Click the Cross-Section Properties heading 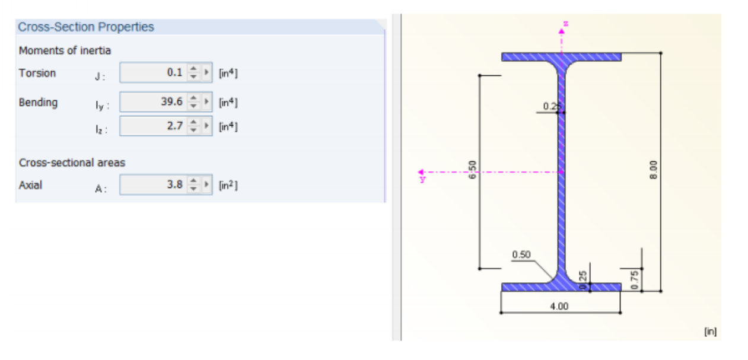click(x=85, y=27)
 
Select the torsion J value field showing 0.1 click(x=154, y=73)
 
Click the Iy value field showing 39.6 click(x=154, y=102)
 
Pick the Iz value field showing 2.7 click(x=154, y=126)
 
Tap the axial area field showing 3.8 click(x=154, y=184)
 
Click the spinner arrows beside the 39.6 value click(x=193, y=102)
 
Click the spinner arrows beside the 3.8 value click(x=193, y=184)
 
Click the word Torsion click(x=37, y=73)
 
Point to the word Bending click(x=38, y=102)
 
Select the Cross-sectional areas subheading click(x=72, y=163)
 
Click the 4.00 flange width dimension click(x=559, y=307)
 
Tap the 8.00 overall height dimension click(x=653, y=170)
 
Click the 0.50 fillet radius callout click(x=521, y=255)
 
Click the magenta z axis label click(x=565, y=24)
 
